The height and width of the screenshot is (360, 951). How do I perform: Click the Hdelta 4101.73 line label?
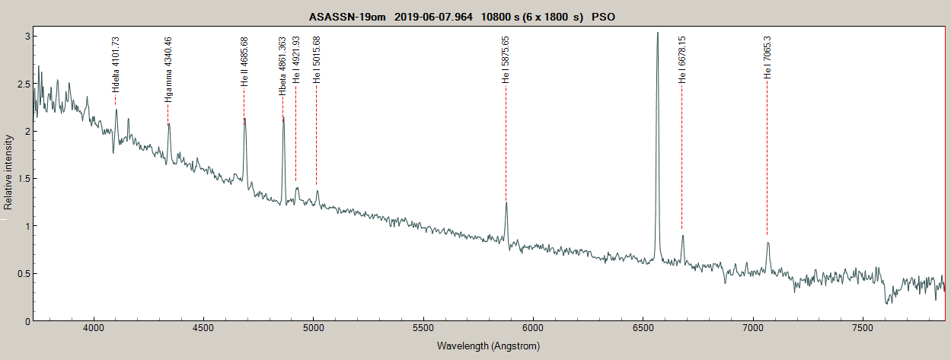(116, 65)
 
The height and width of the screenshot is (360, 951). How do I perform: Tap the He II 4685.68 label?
(244, 62)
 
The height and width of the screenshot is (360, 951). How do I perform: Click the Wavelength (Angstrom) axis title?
(488, 346)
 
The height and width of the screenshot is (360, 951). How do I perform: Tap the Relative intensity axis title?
(8, 172)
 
